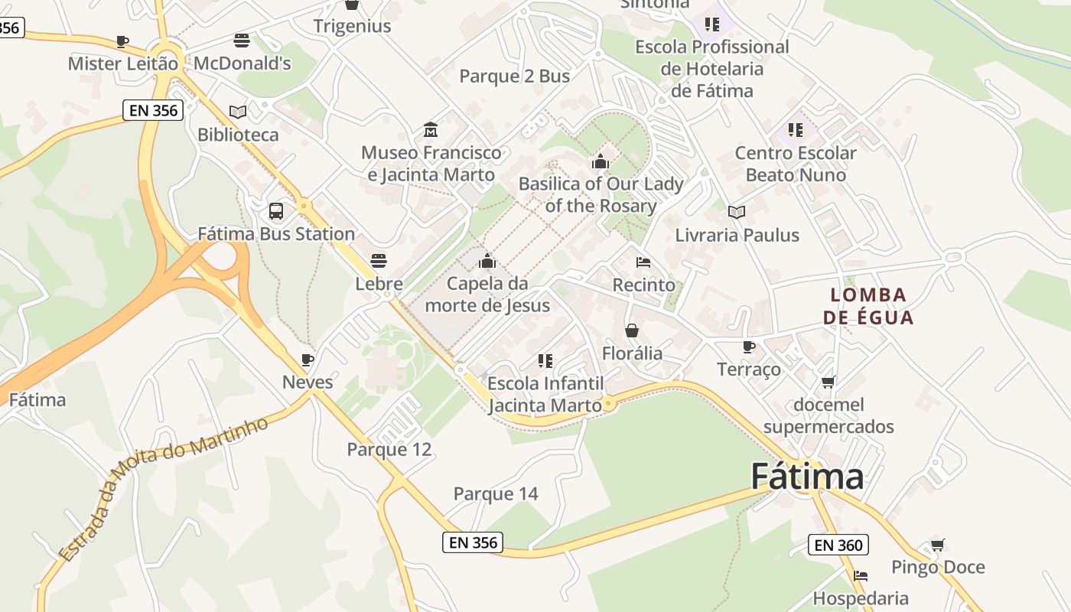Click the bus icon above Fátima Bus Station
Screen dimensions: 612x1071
(275, 211)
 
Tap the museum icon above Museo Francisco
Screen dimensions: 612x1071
(431, 130)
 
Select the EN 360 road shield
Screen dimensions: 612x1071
(838, 545)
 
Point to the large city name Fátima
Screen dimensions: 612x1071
(807, 477)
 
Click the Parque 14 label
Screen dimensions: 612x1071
(496, 494)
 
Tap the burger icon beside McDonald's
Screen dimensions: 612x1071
(242, 41)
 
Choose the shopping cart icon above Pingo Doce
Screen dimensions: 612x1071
(938, 545)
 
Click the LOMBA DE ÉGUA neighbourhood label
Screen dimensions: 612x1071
(868, 306)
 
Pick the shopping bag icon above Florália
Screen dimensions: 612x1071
(632, 330)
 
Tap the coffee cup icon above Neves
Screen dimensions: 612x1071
(308, 360)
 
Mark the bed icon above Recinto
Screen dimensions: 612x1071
(643, 262)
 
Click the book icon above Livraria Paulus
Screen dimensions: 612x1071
(737, 212)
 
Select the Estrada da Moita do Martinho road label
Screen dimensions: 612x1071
(164, 487)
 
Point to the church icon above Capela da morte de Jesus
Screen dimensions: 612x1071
(487, 261)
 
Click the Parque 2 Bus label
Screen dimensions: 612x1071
(515, 76)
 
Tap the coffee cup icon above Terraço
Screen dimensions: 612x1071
(749, 347)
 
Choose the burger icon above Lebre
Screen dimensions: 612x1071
(379, 261)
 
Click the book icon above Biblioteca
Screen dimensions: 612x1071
(238, 112)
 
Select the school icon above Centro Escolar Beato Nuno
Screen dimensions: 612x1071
(796, 130)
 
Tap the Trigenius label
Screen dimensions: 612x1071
(352, 26)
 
